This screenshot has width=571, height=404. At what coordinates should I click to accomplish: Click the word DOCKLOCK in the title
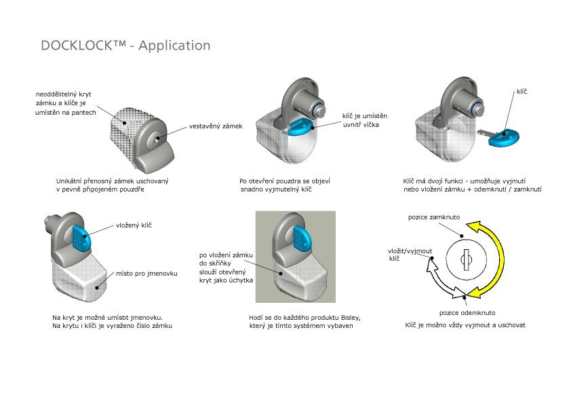click(x=81, y=45)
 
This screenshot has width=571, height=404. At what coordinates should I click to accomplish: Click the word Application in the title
click(x=175, y=46)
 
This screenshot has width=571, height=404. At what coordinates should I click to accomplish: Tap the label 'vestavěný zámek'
click(x=215, y=126)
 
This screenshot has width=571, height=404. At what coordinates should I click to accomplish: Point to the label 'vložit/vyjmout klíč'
click(x=410, y=255)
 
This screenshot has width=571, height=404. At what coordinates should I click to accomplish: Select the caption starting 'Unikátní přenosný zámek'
click(x=112, y=185)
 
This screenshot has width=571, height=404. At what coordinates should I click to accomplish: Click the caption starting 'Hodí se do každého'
click(x=305, y=321)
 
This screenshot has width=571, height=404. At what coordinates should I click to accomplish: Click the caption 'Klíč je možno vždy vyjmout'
click(x=465, y=325)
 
